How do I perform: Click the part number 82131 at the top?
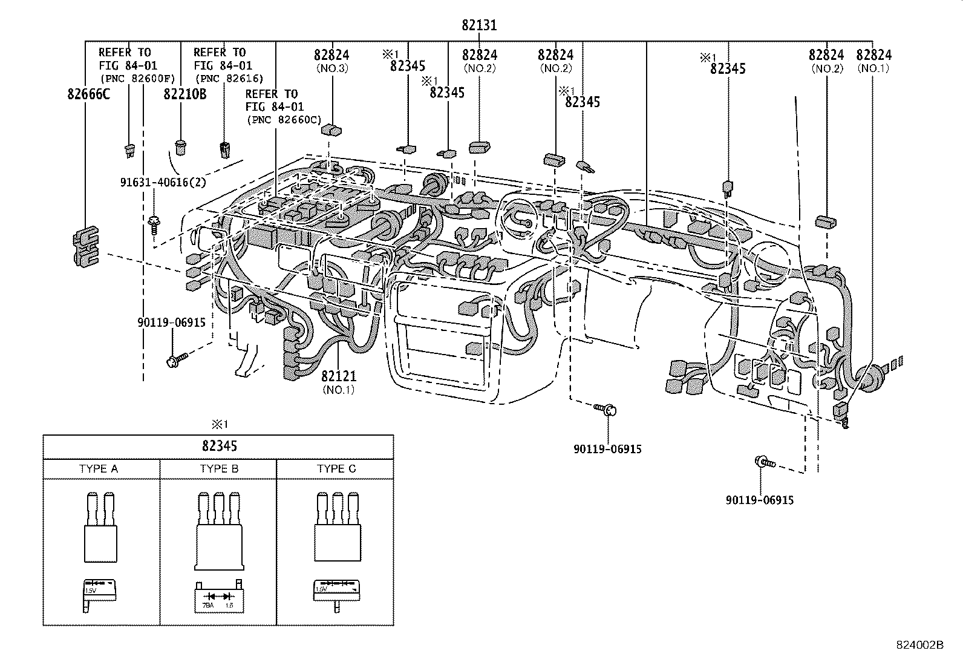(479, 25)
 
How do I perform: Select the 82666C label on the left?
(88, 94)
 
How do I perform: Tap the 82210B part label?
(184, 94)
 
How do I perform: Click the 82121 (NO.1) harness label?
(338, 376)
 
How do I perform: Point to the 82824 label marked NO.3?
(331, 55)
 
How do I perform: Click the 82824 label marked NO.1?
(873, 55)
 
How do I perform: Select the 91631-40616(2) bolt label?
(162, 182)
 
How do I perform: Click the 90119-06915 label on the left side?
(171, 323)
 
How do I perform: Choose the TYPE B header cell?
(219, 469)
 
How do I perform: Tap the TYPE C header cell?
(336, 469)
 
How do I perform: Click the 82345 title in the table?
(219, 447)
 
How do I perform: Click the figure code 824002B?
(919, 645)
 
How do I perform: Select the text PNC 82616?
(229, 79)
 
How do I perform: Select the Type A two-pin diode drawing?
(100, 528)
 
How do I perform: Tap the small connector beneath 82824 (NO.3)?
(331, 128)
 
